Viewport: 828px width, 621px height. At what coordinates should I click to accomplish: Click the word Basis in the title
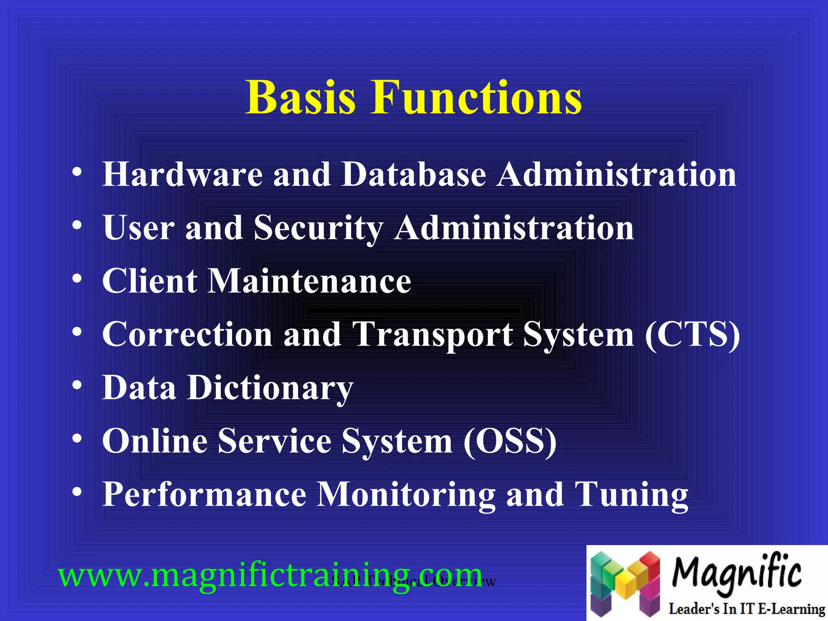[x=301, y=98]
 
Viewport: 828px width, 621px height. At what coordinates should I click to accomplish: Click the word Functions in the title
[x=477, y=98]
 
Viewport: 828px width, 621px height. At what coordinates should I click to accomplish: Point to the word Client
[x=150, y=281]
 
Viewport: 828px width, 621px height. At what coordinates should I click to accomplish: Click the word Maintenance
[x=309, y=281]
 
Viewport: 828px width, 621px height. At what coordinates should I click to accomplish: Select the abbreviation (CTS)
[x=692, y=335]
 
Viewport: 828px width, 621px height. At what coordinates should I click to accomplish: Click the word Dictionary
[x=270, y=388]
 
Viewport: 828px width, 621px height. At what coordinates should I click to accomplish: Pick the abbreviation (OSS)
[x=510, y=441]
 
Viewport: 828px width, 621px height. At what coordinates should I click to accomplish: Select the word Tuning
[x=631, y=495]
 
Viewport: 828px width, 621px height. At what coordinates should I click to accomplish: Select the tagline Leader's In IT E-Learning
[x=746, y=609]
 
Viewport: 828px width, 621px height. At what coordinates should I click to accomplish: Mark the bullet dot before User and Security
[x=77, y=226]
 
